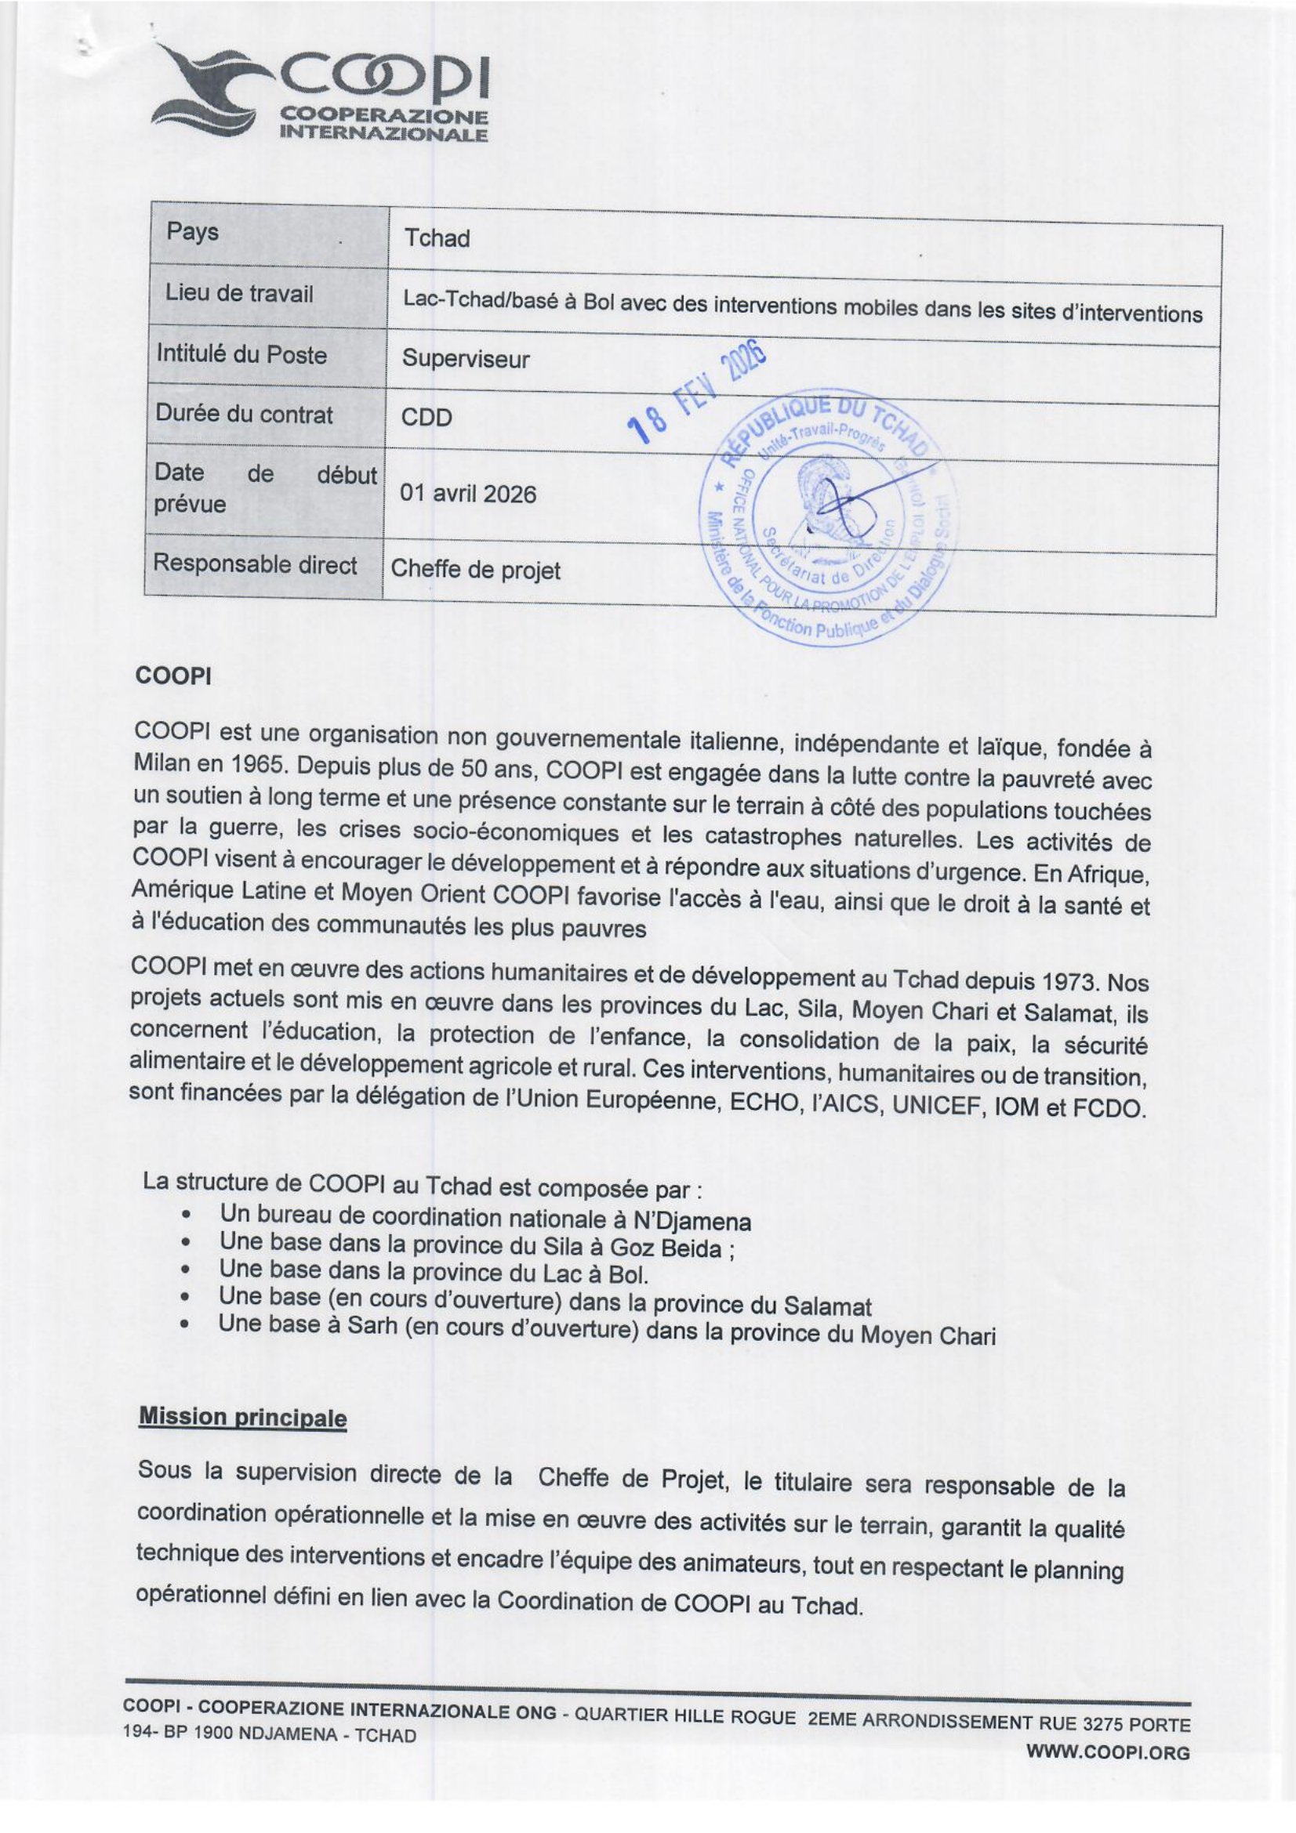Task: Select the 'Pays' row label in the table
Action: tap(192, 232)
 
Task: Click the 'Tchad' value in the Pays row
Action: tap(436, 239)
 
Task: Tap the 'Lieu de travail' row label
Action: tap(239, 294)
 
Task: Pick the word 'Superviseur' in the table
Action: tap(465, 359)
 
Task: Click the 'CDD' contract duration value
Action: tap(427, 417)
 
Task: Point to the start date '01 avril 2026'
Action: tap(468, 494)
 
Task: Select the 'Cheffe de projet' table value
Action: tap(475, 570)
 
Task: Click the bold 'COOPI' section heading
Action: tap(172, 676)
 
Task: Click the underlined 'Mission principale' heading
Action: tap(243, 1417)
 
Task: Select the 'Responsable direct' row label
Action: tap(255, 564)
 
